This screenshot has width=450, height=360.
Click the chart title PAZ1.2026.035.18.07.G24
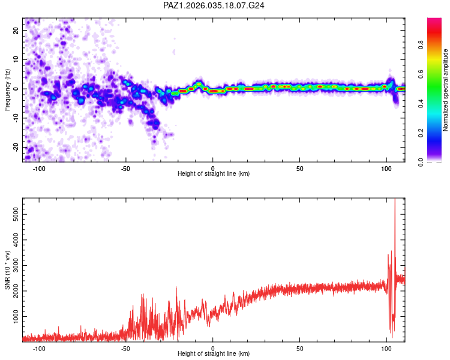point(214,5)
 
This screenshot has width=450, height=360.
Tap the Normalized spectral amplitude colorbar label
point(446,90)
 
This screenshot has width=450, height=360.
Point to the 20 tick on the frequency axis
point(16,30)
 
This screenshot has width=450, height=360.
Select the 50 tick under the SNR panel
point(299,348)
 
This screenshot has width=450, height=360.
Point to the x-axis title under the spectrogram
point(214,174)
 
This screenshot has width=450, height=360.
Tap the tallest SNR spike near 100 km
point(394,201)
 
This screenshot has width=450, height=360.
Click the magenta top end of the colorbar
point(434,20)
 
